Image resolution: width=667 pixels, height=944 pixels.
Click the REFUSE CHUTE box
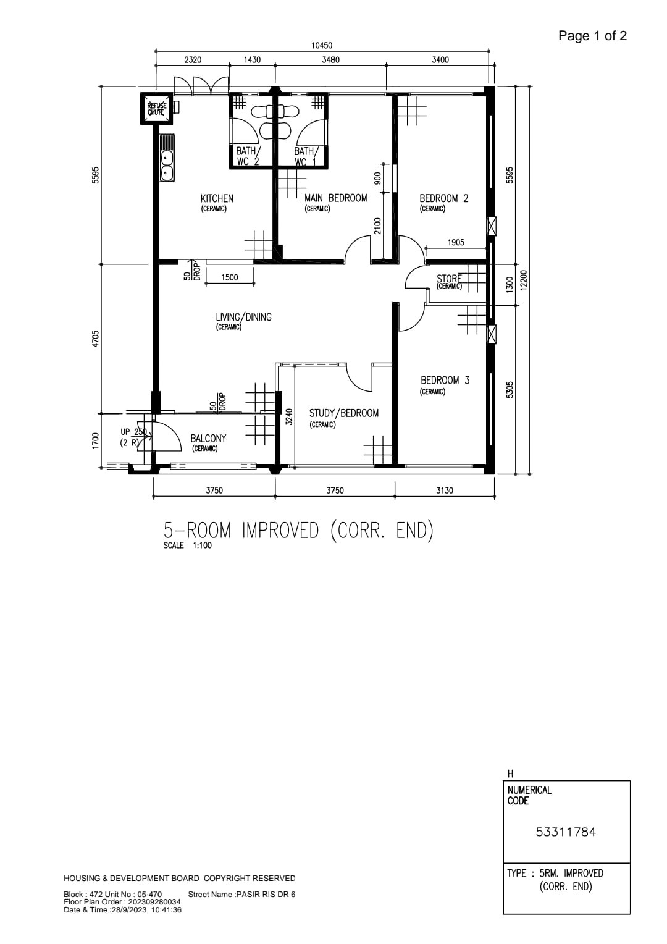(156, 108)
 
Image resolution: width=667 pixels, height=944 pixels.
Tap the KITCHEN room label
(217, 198)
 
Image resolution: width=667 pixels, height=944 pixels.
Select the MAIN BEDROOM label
(336, 198)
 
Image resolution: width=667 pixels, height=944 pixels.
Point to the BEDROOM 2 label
(443, 198)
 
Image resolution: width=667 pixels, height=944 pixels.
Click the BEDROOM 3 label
(445, 380)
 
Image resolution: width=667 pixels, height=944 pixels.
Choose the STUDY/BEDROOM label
(344, 413)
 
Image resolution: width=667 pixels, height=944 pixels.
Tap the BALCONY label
(208, 438)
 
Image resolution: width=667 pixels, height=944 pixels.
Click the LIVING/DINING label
(243, 317)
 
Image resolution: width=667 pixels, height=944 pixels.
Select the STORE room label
(449, 279)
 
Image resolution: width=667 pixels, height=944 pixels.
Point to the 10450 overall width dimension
(322, 46)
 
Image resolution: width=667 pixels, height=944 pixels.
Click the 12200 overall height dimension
(523, 280)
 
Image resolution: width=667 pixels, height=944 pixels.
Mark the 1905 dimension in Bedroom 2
(456, 242)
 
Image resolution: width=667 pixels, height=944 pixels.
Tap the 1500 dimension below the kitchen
(230, 277)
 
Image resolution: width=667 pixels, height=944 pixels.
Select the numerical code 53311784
(566, 832)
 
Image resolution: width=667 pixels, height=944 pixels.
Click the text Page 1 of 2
(592, 36)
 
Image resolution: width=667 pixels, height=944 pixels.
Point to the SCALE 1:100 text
(188, 545)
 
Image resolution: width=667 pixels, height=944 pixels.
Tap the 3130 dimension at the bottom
(445, 490)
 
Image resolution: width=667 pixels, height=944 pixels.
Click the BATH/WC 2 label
(248, 156)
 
